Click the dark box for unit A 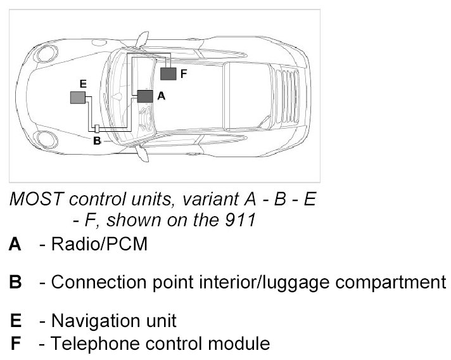[x=145, y=96]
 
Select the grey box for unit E [x=77, y=96]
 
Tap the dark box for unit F [x=168, y=74]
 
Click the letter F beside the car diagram [x=183, y=74]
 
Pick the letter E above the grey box [x=82, y=83]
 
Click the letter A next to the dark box [x=160, y=96]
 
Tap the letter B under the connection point [x=96, y=141]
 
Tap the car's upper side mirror [x=144, y=39]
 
